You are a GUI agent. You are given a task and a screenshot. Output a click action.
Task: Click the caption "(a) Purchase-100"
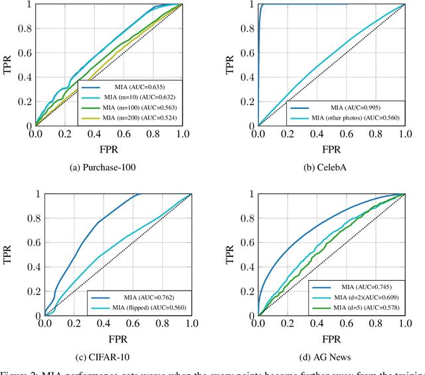tap(102, 168)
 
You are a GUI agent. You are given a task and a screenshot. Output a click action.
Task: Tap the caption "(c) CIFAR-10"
tap(102, 356)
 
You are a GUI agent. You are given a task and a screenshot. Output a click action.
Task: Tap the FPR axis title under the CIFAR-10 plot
tap(117, 338)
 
